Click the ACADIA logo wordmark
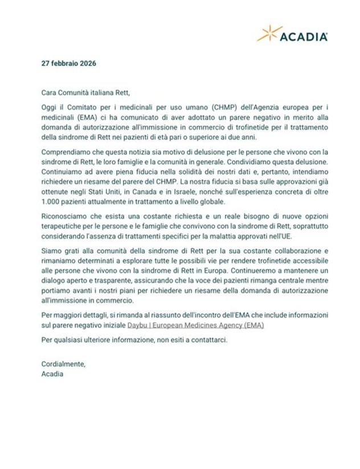pos(303,37)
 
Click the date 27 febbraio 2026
pos(69,63)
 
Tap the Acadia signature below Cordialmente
pos(52,374)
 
